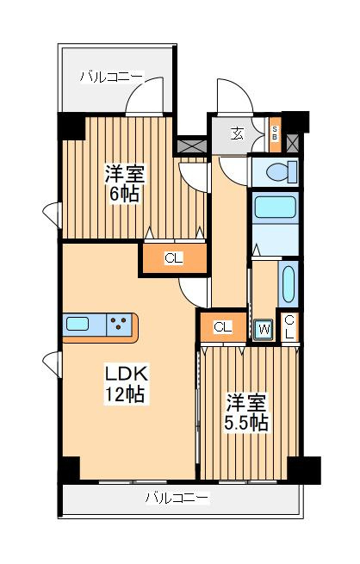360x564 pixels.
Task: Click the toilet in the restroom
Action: click(x=278, y=171)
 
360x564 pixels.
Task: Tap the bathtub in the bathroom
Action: click(x=274, y=209)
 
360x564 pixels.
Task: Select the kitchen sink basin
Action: click(x=78, y=325)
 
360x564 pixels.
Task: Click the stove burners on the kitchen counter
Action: click(x=121, y=325)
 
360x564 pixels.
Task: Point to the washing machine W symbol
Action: click(x=263, y=328)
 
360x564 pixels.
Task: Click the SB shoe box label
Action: click(x=275, y=133)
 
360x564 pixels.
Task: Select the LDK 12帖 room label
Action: click(x=127, y=384)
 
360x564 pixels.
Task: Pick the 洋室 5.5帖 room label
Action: click(x=247, y=412)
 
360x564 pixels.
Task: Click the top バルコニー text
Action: click(x=110, y=77)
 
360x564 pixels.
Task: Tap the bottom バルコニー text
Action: click(x=176, y=497)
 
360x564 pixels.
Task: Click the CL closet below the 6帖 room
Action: click(x=174, y=257)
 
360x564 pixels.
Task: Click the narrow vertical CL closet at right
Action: click(x=289, y=325)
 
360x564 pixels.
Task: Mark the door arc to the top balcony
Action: click(x=146, y=96)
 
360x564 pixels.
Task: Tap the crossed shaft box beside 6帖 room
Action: click(x=192, y=144)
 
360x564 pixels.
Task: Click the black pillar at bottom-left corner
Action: click(x=68, y=470)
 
